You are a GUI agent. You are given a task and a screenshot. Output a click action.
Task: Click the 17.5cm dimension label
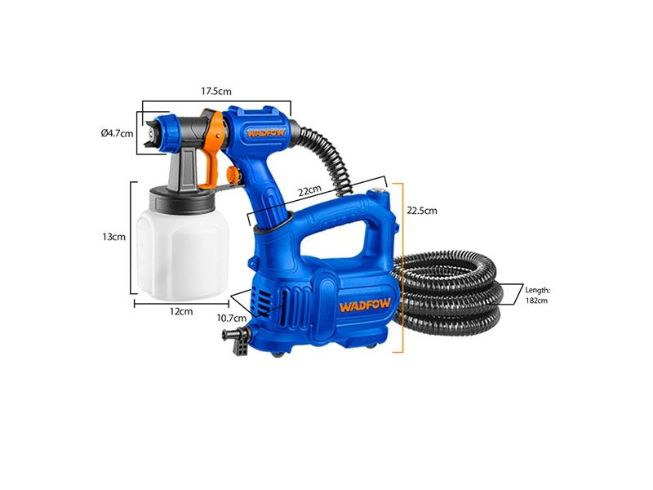[x=216, y=91]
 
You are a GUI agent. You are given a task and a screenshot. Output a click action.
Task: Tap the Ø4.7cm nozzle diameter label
[x=117, y=133]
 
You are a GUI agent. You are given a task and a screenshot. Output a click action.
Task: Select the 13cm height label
[x=113, y=237]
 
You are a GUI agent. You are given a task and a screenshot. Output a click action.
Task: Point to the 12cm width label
[x=181, y=311]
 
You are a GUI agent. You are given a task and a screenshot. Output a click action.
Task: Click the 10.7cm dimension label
[x=232, y=318]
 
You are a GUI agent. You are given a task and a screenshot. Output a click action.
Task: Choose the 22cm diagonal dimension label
[x=310, y=190]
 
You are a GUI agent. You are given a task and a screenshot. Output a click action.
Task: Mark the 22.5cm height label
[x=422, y=211]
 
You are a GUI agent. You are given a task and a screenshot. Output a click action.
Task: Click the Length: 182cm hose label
[x=537, y=295]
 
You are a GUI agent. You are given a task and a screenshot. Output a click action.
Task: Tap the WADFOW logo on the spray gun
[x=266, y=133]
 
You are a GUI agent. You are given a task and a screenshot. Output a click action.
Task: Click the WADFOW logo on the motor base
[x=365, y=305]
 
